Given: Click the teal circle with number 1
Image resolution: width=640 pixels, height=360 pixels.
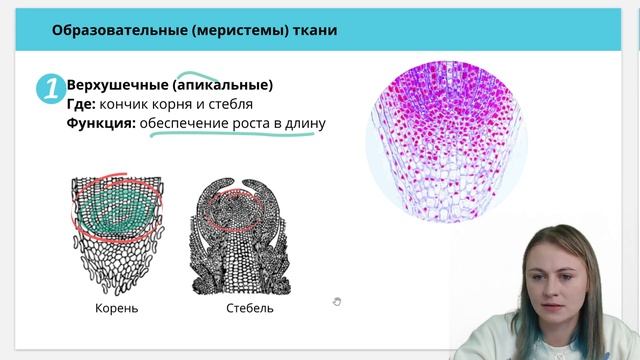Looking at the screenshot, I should coord(50,89).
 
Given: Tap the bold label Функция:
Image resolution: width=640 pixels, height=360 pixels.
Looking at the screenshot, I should coord(101,124).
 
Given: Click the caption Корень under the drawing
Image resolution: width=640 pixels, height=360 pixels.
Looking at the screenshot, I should coord(116,308).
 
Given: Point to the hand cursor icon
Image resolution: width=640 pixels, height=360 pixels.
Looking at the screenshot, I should coord(337,301).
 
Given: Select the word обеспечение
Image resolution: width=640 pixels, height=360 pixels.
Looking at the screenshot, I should coord(189,124).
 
